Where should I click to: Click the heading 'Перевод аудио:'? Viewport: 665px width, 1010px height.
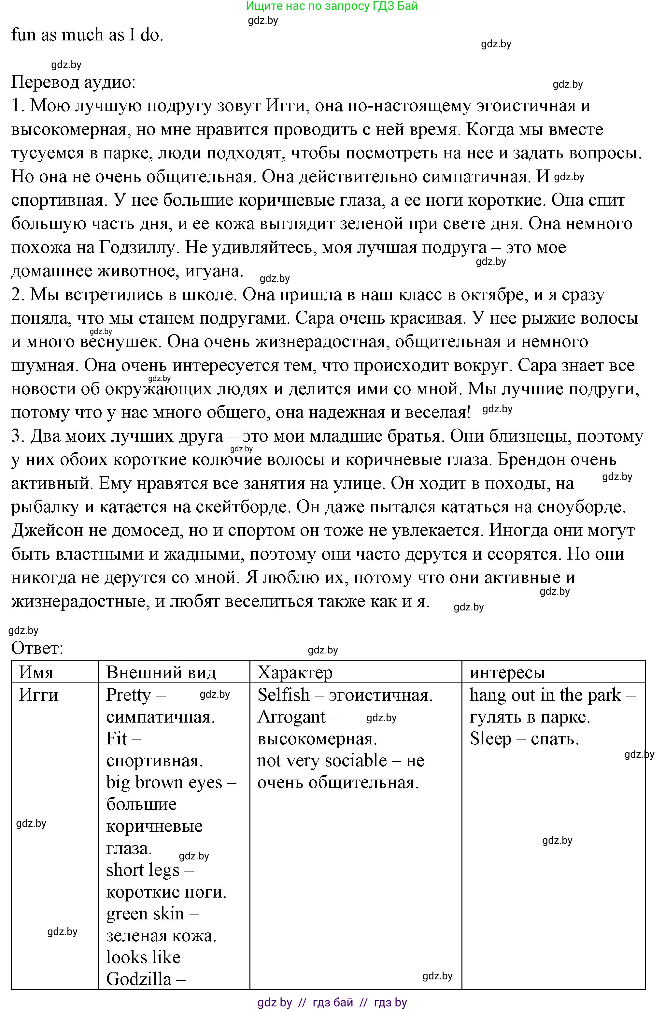(73, 82)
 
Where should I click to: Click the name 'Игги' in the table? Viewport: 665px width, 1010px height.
(39, 695)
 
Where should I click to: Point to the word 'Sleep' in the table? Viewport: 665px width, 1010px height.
(490, 739)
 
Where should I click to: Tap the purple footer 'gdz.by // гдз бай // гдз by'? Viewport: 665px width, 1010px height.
(332, 1003)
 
